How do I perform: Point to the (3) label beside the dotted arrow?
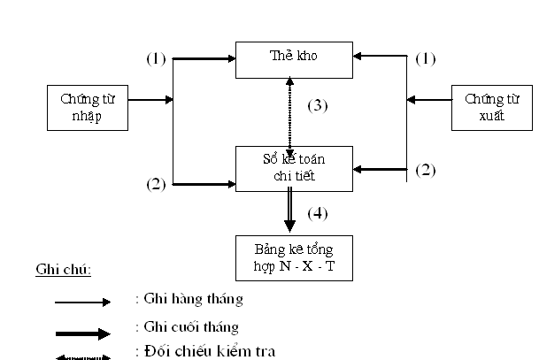(318, 105)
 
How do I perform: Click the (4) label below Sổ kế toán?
(318, 213)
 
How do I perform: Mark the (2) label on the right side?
(426, 170)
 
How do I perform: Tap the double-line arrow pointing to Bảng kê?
(289, 212)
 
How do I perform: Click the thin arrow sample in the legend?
(82, 303)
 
